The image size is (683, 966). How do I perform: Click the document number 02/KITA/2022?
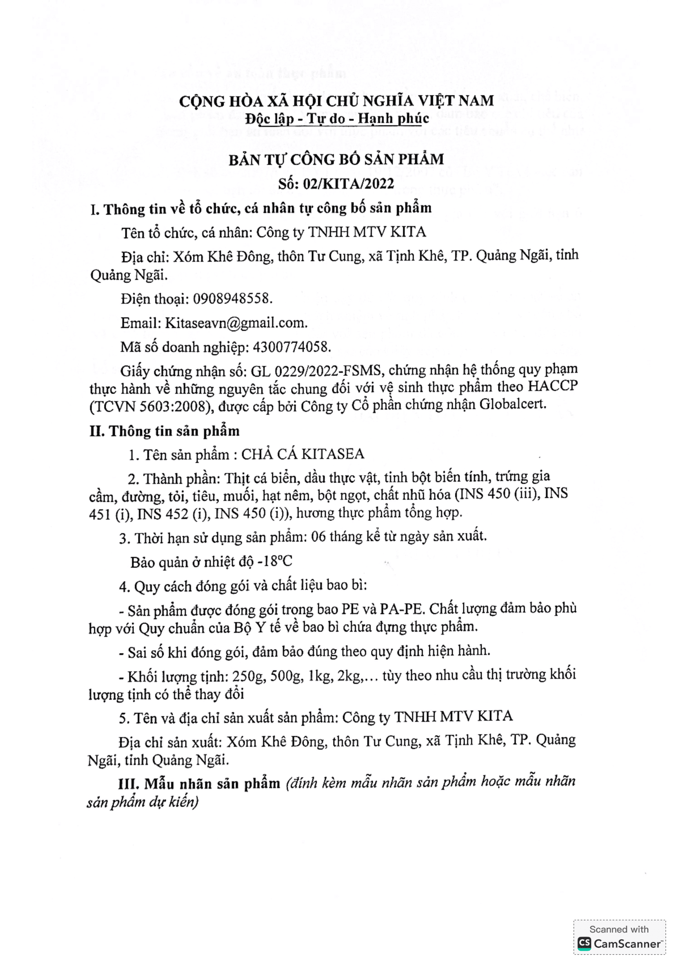[x=348, y=184]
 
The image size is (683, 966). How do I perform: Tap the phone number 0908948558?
[x=232, y=299]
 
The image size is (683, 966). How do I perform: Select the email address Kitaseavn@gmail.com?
[x=236, y=323]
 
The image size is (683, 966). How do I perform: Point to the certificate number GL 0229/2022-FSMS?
[x=316, y=371]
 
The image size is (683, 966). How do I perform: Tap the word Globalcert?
[x=513, y=404]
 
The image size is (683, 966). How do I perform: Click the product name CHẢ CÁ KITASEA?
[x=302, y=454]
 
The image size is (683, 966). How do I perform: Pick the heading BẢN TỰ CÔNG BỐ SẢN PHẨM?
[x=336, y=160]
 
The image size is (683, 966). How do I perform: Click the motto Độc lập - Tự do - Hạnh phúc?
[x=337, y=119]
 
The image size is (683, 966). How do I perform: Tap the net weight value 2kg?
[x=349, y=675]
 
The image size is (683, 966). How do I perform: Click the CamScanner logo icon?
[x=584, y=944]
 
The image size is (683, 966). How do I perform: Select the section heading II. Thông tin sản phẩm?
[x=164, y=431]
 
